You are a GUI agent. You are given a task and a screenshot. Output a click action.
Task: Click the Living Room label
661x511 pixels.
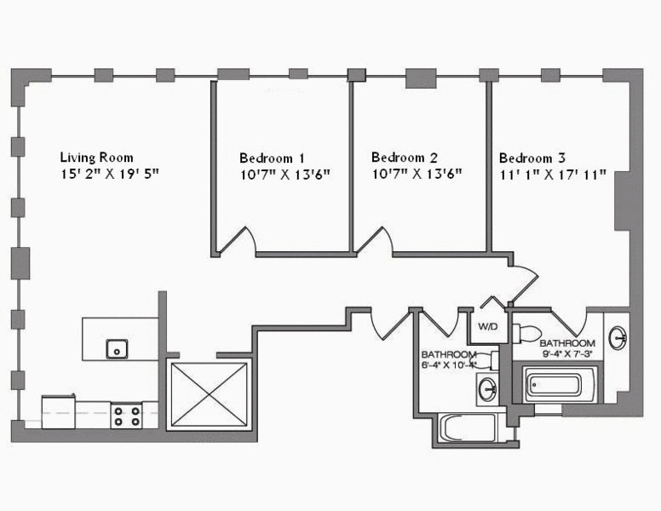click(96, 158)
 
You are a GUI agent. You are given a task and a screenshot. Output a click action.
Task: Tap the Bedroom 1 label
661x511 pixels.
click(272, 158)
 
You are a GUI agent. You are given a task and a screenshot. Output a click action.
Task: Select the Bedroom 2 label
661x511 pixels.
click(405, 158)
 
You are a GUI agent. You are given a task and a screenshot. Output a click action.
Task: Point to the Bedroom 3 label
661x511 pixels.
click(532, 158)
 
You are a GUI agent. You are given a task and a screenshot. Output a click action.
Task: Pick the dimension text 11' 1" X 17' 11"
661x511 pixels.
click(553, 175)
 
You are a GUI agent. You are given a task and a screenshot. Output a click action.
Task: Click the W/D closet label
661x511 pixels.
click(487, 326)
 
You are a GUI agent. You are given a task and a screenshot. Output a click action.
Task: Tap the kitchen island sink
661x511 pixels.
click(117, 347)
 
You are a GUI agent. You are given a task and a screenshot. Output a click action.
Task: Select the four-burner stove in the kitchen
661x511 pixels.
click(127, 416)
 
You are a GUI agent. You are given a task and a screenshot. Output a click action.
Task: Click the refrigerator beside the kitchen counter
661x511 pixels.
click(60, 411)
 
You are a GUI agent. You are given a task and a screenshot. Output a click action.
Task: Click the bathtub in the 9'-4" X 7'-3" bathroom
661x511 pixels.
click(552, 386)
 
